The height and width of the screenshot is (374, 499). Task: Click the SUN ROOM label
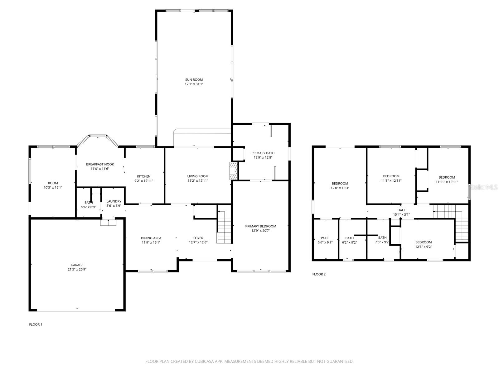coord(194,79)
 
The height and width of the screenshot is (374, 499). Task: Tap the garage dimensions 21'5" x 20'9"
coord(77,270)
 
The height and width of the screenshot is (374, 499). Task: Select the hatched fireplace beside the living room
coord(233,170)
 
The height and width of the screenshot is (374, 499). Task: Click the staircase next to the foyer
coord(224,228)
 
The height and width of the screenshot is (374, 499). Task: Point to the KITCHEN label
coord(143,176)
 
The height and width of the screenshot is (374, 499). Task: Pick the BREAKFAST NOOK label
coord(100,164)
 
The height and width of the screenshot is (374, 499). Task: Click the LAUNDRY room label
coord(114,201)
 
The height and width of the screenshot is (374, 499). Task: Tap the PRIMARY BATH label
coord(263,153)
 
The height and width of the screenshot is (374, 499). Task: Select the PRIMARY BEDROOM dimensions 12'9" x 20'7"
coord(260,231)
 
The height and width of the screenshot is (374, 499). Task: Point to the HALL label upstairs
coord(401,210)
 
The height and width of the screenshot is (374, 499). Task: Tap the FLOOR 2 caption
coord(319,274)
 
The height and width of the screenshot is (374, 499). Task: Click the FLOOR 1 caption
coord(36,324)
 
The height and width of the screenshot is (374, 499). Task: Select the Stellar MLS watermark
coord(483,187)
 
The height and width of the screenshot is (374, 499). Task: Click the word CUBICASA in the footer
coord(204,361)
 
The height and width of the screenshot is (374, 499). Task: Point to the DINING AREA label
coord(151,238)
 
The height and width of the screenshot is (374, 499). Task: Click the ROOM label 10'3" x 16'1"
coord(53,183)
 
